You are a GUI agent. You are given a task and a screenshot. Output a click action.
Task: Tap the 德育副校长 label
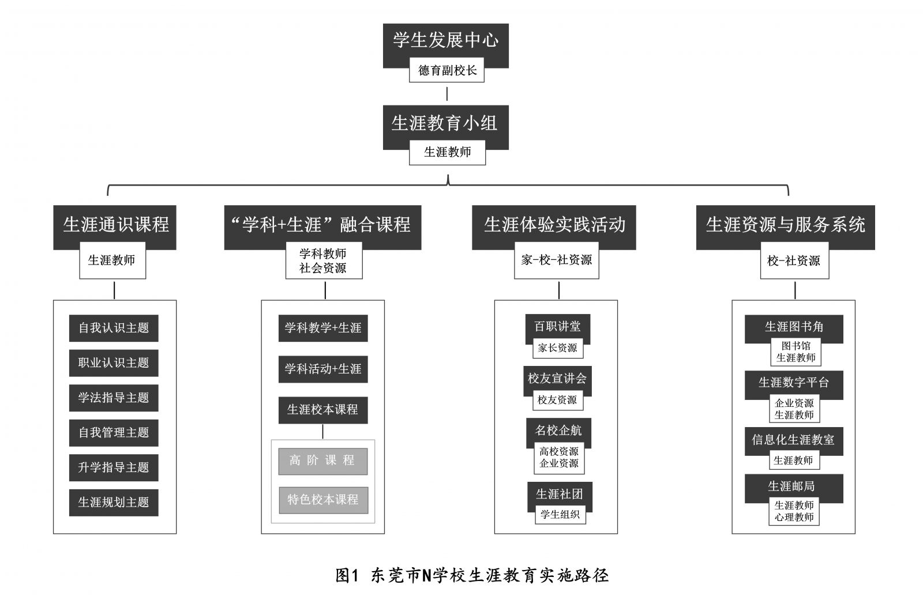tap(447, 70)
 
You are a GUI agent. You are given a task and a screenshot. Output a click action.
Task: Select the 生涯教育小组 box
tap(445, 122)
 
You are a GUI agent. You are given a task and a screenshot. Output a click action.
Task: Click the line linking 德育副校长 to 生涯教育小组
tap(447, 93)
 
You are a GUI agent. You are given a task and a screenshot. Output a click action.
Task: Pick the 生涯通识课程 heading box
tap(115, 224)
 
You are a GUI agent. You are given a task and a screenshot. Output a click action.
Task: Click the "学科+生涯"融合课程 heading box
tap(322, 224)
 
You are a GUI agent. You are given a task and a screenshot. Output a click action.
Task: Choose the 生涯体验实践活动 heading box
tap(554, 224)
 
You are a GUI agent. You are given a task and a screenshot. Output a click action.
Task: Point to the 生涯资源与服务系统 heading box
tap(785, 224)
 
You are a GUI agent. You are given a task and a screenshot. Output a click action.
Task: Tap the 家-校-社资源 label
tap(557, 261)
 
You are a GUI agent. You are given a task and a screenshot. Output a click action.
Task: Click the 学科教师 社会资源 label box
tap(324, 261)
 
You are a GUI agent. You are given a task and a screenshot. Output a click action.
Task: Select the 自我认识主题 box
tap(114, 328)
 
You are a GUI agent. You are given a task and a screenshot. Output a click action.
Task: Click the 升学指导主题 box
tap(114, 467)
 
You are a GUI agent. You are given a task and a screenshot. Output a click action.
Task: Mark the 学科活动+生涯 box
tap(323, 369)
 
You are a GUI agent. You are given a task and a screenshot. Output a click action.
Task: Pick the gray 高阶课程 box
tap(323, 461)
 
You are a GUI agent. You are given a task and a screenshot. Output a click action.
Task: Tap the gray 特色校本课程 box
tap(323, 500)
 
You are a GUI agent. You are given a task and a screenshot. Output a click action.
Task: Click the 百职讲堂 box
tap(557, 327)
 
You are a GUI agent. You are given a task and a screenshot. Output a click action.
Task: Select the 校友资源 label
tap(557, 400)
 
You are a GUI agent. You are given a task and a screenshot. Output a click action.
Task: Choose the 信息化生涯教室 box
tap(793, 440)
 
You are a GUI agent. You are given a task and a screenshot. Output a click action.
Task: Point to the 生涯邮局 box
tap(793, 486)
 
